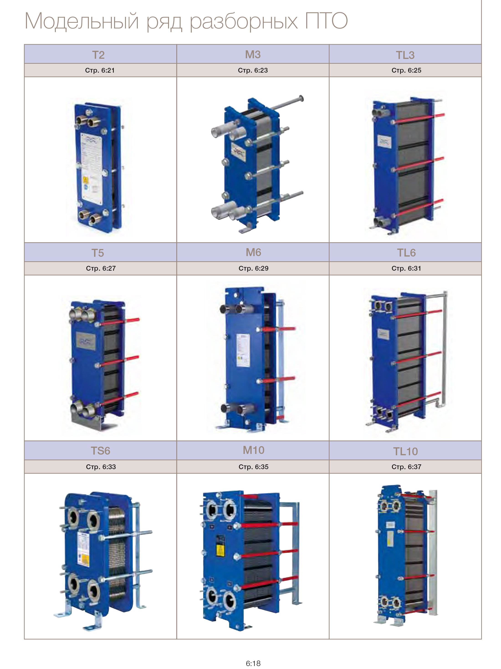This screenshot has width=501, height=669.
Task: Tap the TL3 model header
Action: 405,55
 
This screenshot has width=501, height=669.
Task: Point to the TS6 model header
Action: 100,451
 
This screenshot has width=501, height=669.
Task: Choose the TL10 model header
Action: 405,451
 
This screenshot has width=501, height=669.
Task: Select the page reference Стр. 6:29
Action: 253,268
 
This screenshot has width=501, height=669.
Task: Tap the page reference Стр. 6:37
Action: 406,467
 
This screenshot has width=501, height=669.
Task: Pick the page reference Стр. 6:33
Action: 101,467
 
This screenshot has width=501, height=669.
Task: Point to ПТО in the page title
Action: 326,21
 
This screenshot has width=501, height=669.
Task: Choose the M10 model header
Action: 253,450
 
